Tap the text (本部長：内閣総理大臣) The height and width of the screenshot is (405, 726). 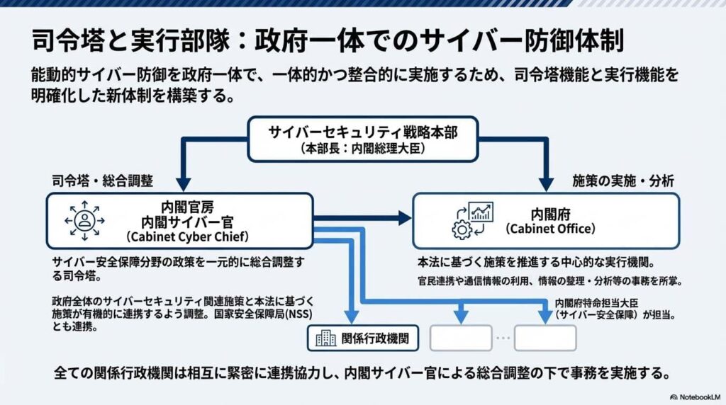point(362,150)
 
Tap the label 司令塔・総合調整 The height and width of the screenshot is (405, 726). point(102,182)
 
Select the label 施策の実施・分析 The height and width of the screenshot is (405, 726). point(622,182)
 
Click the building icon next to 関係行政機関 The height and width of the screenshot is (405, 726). point(325,338)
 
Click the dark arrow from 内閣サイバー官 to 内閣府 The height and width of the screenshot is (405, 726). point(362,219)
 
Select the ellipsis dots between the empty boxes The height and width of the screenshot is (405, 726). point(503,338)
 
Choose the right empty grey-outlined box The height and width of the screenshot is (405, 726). point(545,338)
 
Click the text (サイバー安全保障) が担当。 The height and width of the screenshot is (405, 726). point(609,313)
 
